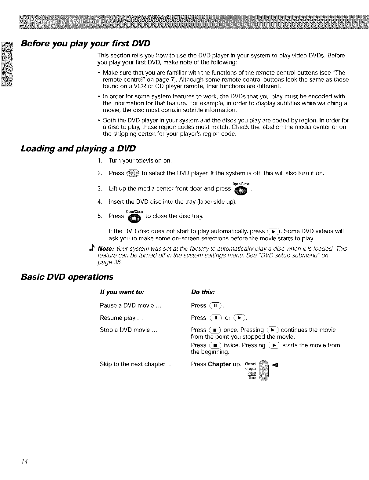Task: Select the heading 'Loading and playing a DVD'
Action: click(78, 149)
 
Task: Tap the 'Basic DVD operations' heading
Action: click(67, 277)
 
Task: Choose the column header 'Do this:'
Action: click(203, 292)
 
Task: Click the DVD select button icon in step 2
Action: click(133, 173)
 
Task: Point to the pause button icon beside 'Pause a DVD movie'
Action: click(215, 306)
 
